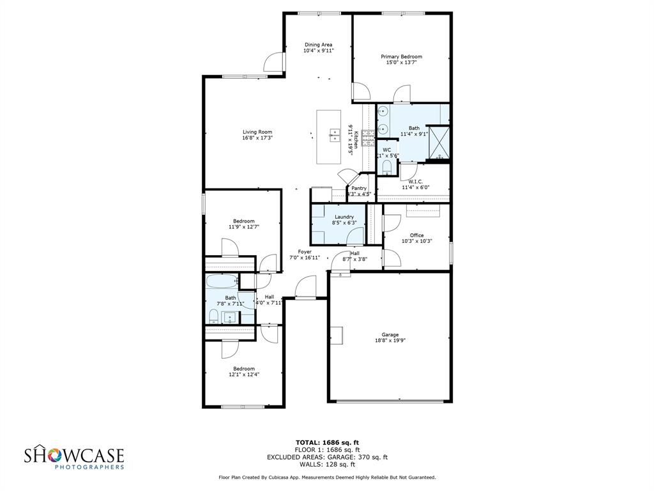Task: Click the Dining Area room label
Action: (318, 45)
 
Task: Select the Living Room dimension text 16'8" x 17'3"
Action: (257, 137)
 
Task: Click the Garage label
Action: (390, 335)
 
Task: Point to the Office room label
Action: (416, 235)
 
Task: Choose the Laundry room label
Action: (344, 217)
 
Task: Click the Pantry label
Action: (359, 188)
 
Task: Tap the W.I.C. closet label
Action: (416, 182)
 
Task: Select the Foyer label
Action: (305, 252)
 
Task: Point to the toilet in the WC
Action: (386, 168)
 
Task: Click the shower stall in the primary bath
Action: (438, 142)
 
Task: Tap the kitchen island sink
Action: (334, 134)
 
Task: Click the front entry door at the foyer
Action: (306, 288)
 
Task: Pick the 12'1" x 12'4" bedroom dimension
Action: (244, 375)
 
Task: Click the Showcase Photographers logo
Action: (74, 458)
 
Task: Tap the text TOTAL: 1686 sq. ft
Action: (327, 442)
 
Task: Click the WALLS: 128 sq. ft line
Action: (327, 464)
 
